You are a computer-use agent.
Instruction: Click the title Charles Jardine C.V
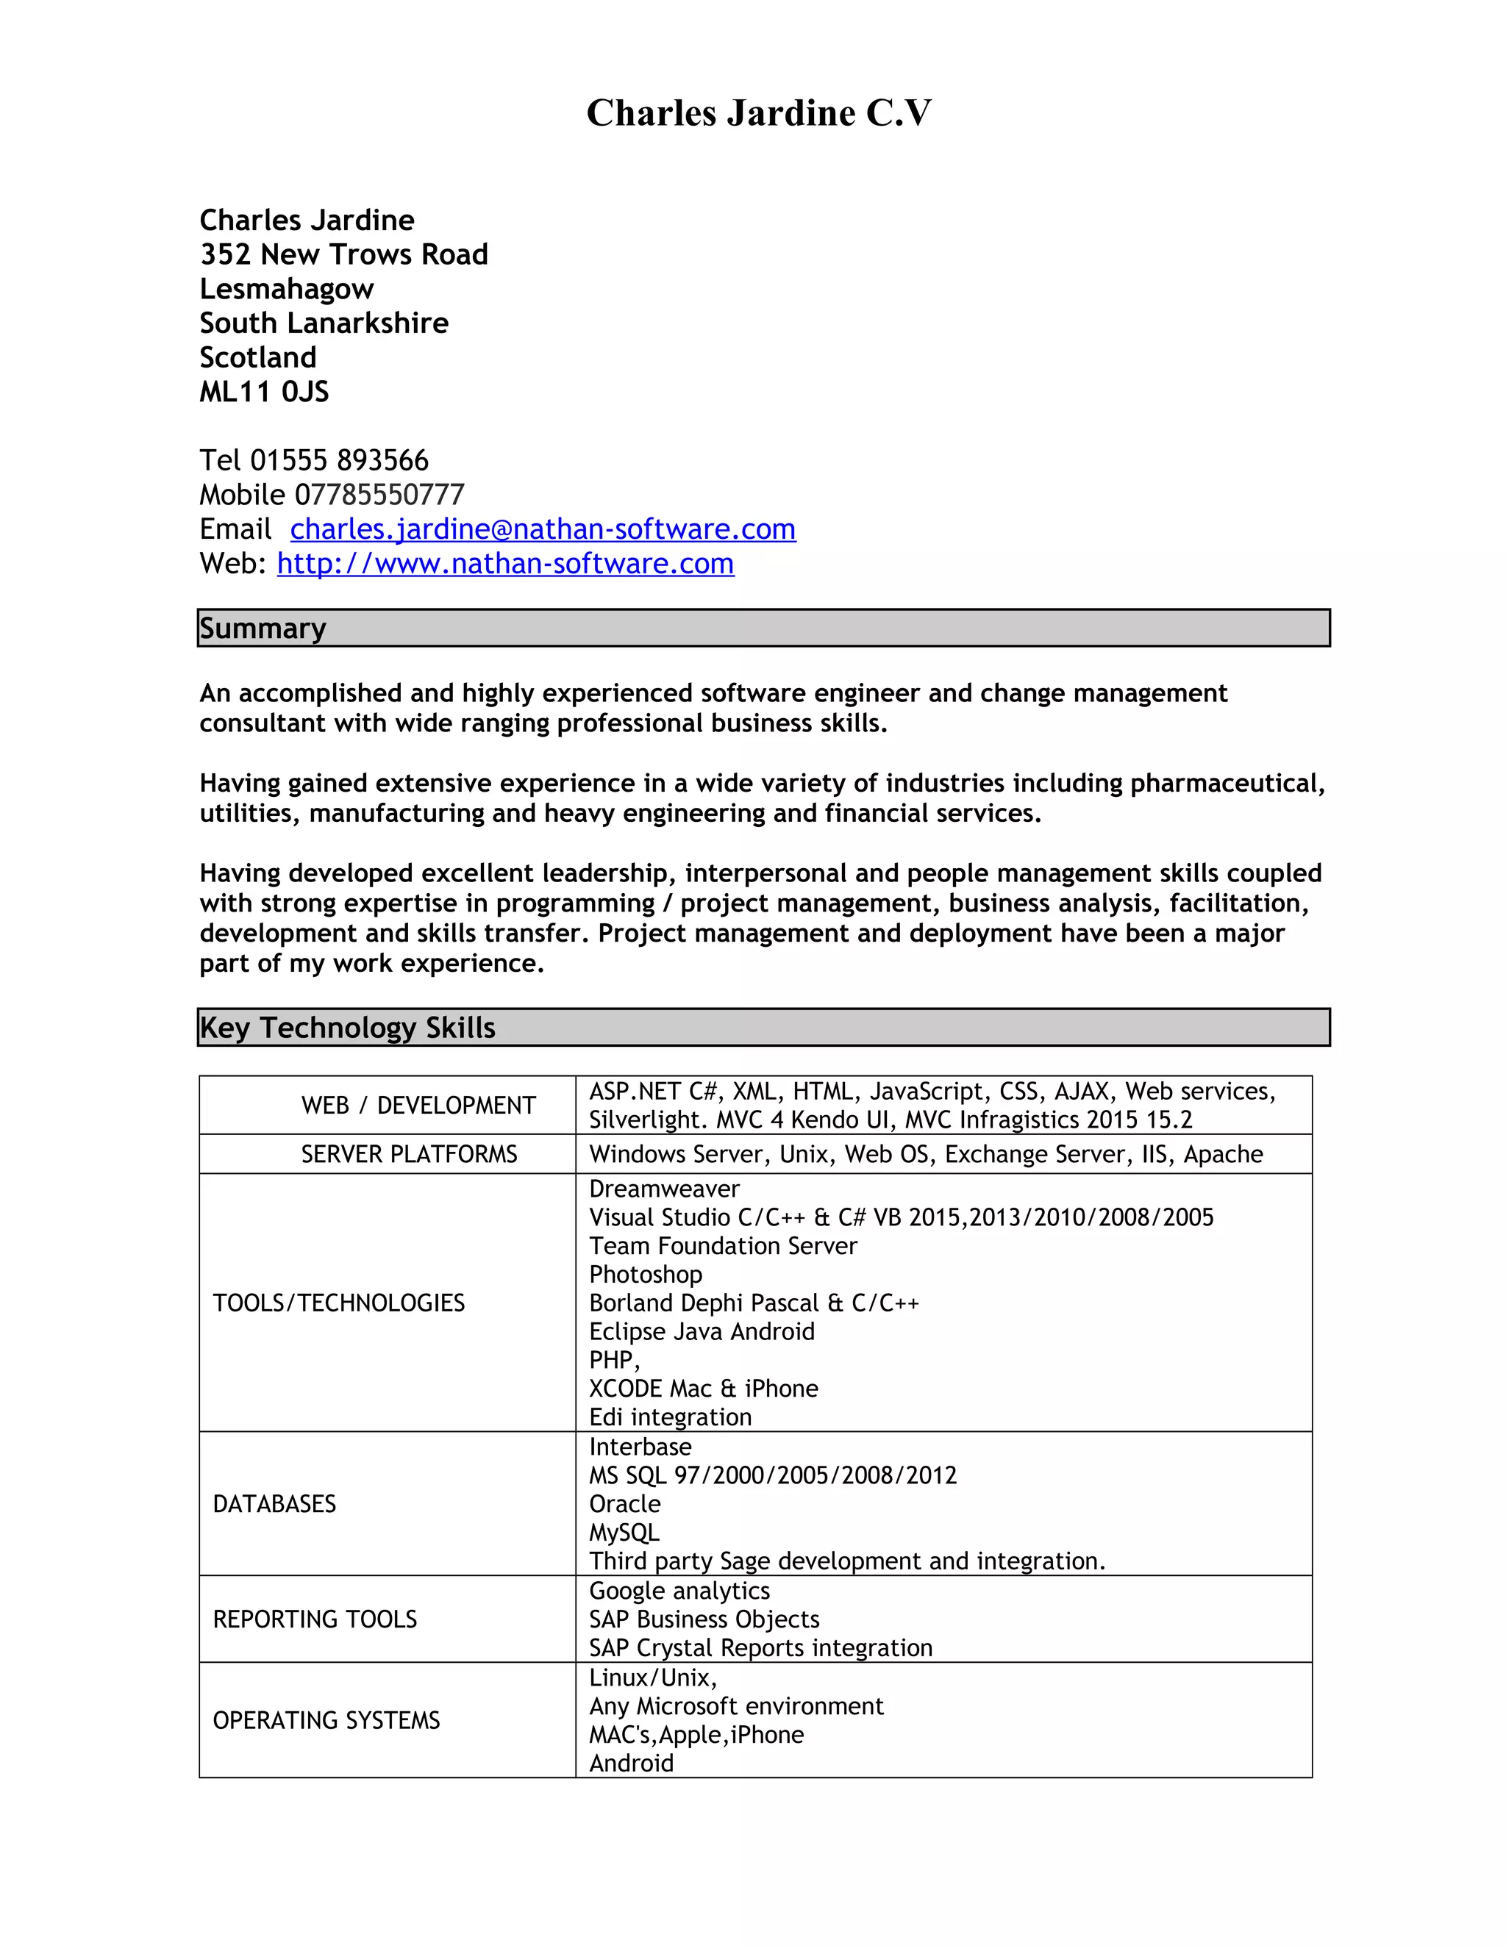pyautogui.click(x=758, y=113)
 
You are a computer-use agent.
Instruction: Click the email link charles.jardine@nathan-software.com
pyautogui.click(x=543, y=529)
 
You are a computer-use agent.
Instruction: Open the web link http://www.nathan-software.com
pyautogui.click(x=505, y=564)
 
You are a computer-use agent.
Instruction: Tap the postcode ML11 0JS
pyautogui.click(x=264, y=392)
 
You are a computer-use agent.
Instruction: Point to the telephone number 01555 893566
pyautogui.click(x=339, y=460)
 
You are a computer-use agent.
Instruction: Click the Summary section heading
pyautogui.click(x=263, y=629)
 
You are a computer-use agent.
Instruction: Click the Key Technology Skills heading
pyautogui.click(x=347, y=1028)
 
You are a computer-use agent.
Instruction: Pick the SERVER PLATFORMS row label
pyautogui.click(x=409, y=1154)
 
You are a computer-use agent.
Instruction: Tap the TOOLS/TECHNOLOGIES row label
pyautogui.click(x=338, y=1303)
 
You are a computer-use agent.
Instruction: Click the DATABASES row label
pyautogui.click(x=274, y=1504)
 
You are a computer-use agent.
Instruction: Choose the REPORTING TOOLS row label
pyautogui.click(x=314, y=1619)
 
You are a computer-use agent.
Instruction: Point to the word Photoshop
pyautogui.click(x=645, y=1275)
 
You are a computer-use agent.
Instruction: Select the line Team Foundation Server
pyautogui.click(x=723, y=1246)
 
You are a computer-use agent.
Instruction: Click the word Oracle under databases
pyautogui.click(x=624, y=1504)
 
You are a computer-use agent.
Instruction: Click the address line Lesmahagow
pyautogui.click(x=286, y=289)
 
